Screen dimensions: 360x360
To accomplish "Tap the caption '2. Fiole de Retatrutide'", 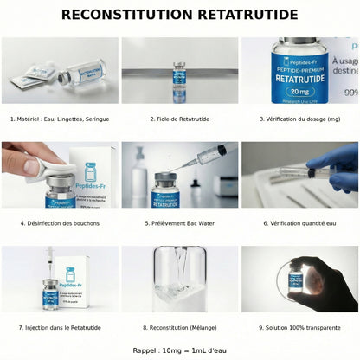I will pyautogui.click(x=180, y=119).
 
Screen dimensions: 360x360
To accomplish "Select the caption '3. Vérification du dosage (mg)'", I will pyautogui.click(x=299, y=119).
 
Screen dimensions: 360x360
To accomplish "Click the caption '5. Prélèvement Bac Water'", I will pyautogui.click(x=180, y=222).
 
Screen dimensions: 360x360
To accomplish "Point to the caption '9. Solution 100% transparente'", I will pyautogui.click(x=299, y=327).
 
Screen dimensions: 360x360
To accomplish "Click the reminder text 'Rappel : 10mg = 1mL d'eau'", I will pyautogui.click(x=180, y=350).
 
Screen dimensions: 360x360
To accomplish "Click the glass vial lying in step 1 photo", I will pyautogui.click(x=85, y=71).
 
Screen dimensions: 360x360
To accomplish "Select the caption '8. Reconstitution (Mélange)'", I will pyautogui.click(x=180, y=327).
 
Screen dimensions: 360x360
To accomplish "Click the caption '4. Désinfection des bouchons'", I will pyautogui.click(x=61, y=222).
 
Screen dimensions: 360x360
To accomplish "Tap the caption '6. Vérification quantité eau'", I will pyautogui.click(x=299, y=222).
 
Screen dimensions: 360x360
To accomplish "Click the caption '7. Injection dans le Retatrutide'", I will pyautogui.click(x=61, y=327).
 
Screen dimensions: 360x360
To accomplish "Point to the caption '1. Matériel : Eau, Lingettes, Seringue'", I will pyautogui.click(x=61, y=119).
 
